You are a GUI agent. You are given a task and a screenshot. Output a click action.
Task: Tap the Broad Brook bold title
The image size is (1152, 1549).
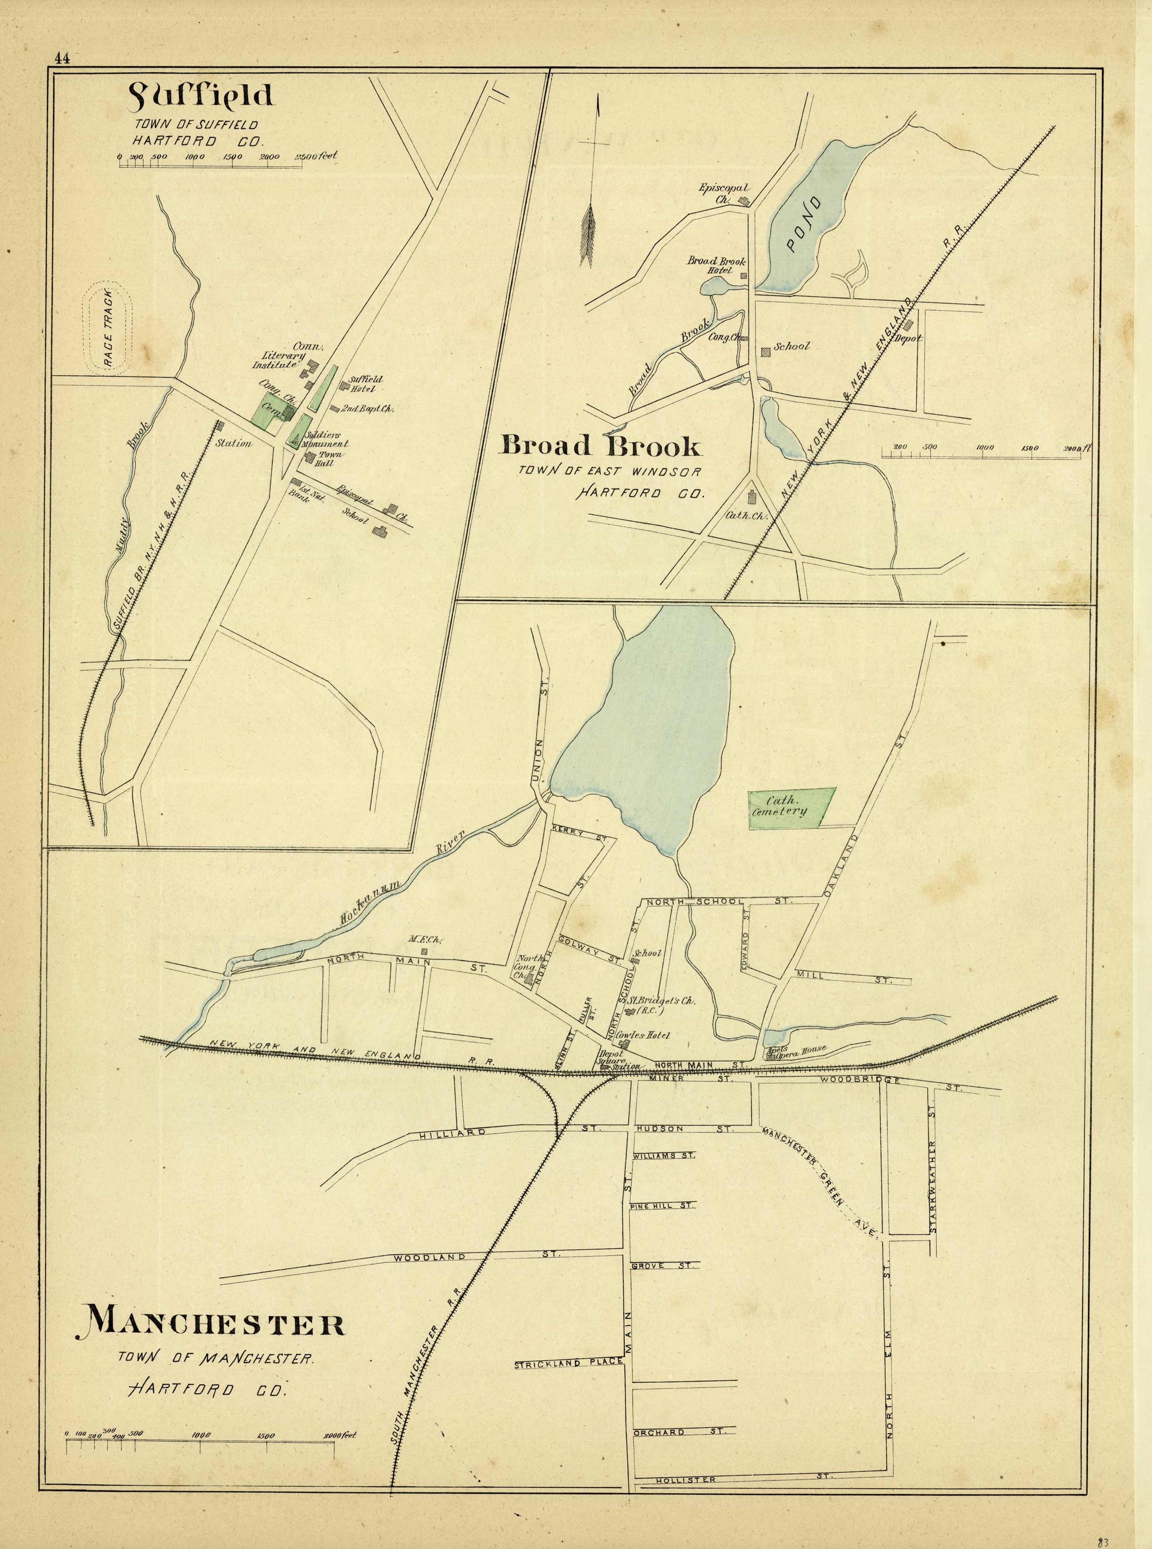(600, 445)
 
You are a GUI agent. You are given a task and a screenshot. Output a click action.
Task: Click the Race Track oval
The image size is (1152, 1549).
(109, 327)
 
